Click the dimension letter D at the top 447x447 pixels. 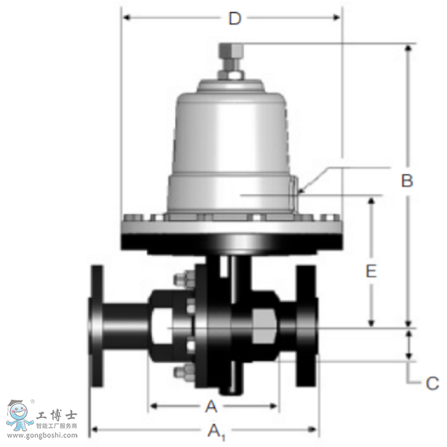[235, 18]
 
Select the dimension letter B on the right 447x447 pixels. [407, 181]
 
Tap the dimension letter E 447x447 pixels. [371, 272]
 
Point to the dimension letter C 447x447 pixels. [432, 383]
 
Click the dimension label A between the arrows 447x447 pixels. [211, 406]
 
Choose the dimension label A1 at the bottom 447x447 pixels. [215, 430]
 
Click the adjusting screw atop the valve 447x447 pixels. [230, 55]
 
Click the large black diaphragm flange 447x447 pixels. [231, 241]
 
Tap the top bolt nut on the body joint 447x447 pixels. [181, 279]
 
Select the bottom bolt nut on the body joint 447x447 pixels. [181, 374]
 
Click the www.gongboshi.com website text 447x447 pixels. [39, 436]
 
